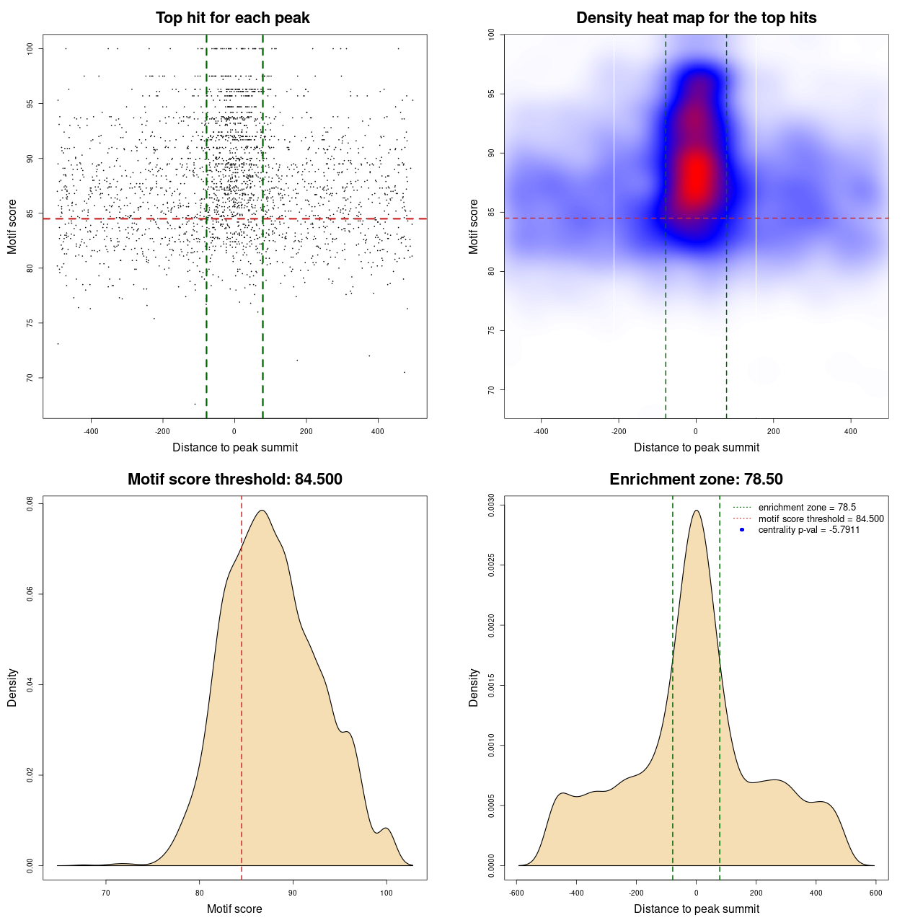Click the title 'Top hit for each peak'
(x=232, y=18)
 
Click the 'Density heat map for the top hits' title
(x=696, y=18)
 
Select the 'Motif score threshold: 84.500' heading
(x=234, y=480)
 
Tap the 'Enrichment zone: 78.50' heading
(x=696, y=480)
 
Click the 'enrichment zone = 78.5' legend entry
(x=806, y=508)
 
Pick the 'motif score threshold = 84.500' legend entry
(x=821, y=519)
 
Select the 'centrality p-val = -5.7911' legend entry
(x=808, y=530)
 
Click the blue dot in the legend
(x=742, y=530)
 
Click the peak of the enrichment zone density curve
(x=696, y=511)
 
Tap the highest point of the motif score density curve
(x=262, y=511)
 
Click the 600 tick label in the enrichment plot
(x=875, y=893)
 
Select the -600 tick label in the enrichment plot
(x=516, y=893)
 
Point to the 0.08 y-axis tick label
(x=30, y=503)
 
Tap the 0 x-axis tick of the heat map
(x=696, y=431)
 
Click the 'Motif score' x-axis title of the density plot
(x=234, y=909)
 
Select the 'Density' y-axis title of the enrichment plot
(x=474, y=687)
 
